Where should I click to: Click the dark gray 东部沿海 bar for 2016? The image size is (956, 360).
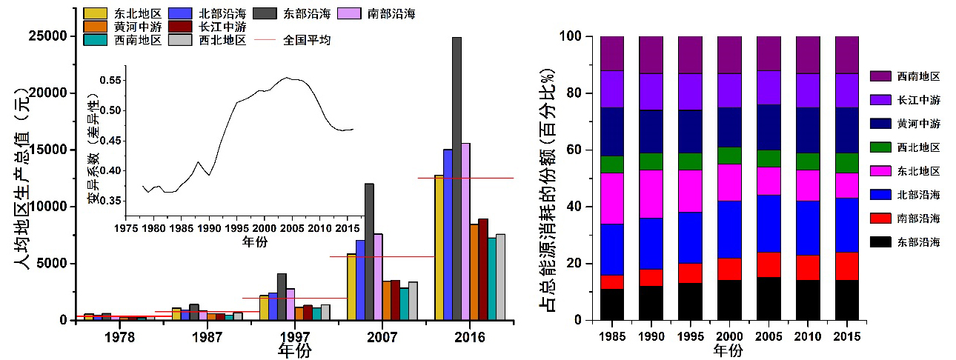click(x=457, y=178)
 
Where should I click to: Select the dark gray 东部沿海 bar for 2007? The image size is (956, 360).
click(x=369, y=252)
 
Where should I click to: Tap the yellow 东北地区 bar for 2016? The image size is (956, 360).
click(x=439, y=247)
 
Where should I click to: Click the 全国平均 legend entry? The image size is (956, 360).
click(x=298, y=40)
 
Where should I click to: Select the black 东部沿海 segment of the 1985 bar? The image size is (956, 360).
click(x=612, y=304)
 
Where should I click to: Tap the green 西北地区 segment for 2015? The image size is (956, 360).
click(x=846, y=163)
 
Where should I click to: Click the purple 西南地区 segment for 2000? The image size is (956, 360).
click(x=729, y=55)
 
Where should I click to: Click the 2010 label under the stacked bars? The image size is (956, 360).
click(x=808, y=337)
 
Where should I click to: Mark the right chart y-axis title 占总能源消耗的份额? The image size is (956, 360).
click(x=550, y=178)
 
